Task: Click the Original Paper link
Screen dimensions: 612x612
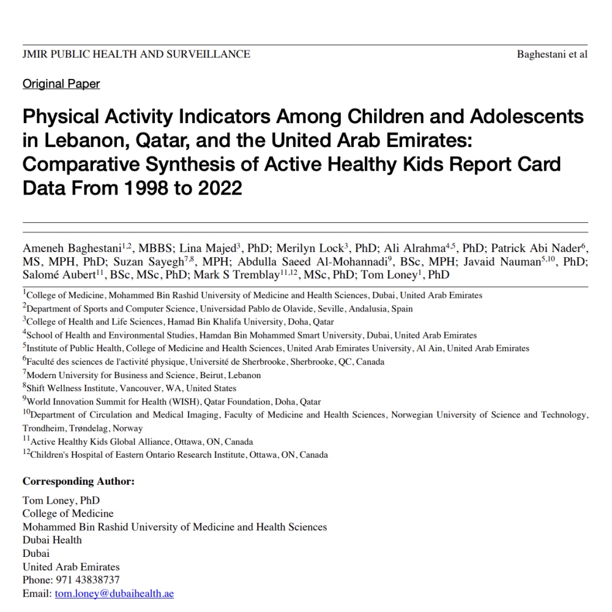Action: pyautogui.click(x=61, y=84)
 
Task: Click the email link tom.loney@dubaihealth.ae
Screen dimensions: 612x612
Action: pyautogui.click(x=114, y=594)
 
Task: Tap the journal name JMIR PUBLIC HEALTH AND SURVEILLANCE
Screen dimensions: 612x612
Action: pyautogui.click(x=136, y=54)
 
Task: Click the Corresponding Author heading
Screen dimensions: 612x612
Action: pyautogui.click(x=78, y=481)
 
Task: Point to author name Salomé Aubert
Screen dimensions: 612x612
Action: pyautogui.click(x=59, y=275)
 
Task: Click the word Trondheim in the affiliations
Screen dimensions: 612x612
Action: pyautogui.click(x=43, y=428)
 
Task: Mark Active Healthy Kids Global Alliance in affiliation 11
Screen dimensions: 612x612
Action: pyautogui.click(x=101, y=442)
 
